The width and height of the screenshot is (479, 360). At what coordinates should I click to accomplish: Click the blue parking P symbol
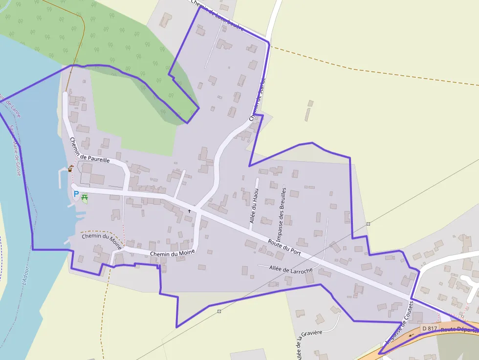(76, 194)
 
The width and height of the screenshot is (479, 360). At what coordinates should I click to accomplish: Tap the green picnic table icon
(85, 197)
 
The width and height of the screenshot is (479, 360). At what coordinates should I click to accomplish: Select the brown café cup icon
(71, 169)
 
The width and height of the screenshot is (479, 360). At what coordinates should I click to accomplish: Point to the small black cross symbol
(190, 211)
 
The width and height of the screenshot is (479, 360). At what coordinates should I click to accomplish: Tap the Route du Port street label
(284, 247)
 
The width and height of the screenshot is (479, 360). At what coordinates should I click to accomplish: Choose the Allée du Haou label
(254, 206)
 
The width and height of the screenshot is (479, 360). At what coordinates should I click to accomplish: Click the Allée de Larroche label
(291, 268)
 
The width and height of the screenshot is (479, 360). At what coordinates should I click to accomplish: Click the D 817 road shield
(429, 328)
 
